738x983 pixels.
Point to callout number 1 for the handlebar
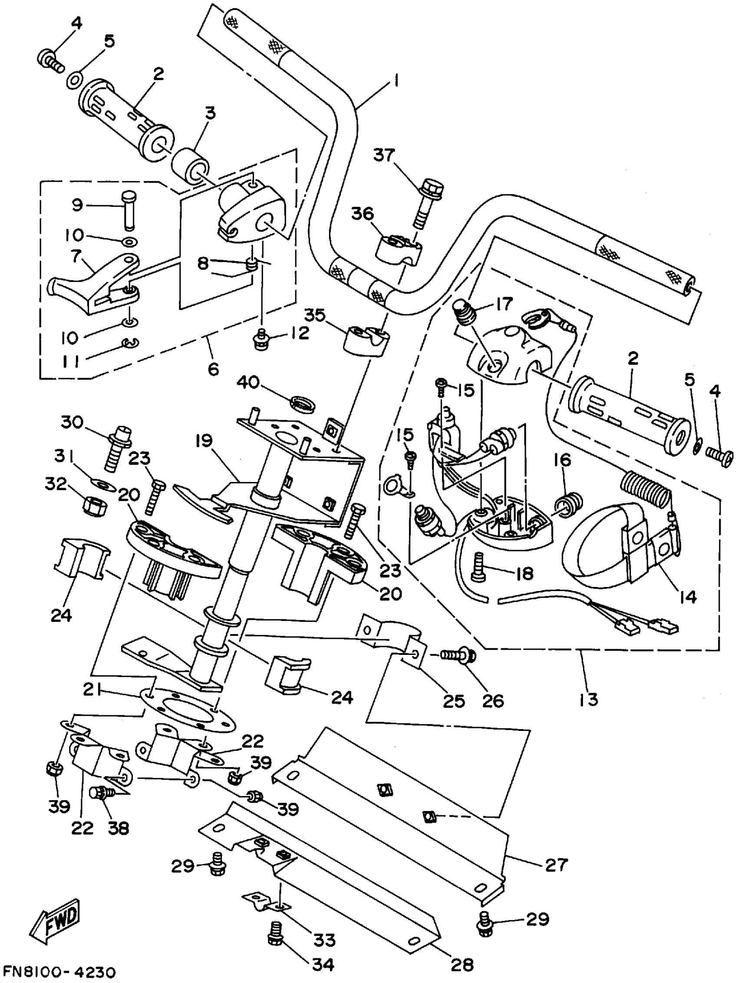[395, 81]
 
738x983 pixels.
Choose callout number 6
[214, 368]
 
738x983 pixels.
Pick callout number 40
[248, 382]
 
